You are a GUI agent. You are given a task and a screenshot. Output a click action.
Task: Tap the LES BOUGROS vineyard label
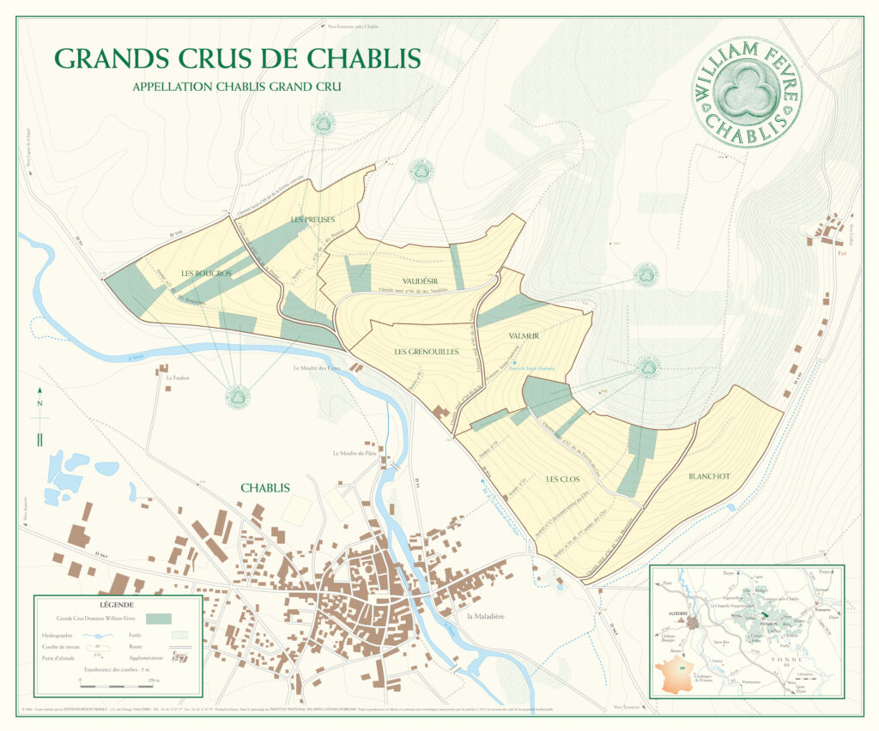(207, 273)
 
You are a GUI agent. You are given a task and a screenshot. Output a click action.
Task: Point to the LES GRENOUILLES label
(426, 352)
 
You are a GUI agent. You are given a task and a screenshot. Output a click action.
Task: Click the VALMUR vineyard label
(524, 336)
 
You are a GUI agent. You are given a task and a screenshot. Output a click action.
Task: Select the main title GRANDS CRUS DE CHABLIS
(237, 58)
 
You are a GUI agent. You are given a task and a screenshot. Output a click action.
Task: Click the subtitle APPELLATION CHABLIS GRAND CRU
(237, 87)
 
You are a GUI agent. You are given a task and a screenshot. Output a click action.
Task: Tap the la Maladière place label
(489, 617)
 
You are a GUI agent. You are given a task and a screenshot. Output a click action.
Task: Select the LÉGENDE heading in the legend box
(118, 604)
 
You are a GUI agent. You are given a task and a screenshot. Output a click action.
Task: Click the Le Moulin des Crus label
(316, 369)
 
